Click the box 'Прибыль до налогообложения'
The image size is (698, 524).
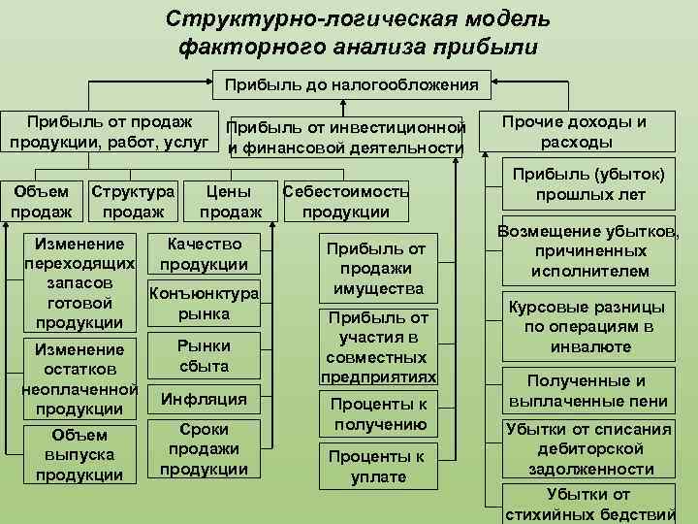tap(352, 85)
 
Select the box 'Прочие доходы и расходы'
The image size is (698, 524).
tap(575, 132)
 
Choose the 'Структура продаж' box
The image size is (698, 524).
tap(132, 202)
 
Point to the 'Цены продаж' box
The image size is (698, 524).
tap(230, 202)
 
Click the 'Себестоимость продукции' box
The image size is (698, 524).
tap(345, 202)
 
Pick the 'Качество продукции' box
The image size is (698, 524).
tap(204, 254)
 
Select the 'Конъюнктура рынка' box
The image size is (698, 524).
tap(204, 304)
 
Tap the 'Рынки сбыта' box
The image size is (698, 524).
tap(204, 356)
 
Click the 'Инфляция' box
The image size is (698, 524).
tap(204, 399)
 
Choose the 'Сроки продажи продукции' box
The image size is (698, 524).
tap(204, 449)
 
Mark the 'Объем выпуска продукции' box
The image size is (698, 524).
tap(79, 454)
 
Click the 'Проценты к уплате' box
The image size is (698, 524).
tap(377, 467)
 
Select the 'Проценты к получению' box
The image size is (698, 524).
tap(377, 414)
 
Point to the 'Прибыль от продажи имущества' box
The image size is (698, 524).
tap(377, 269)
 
